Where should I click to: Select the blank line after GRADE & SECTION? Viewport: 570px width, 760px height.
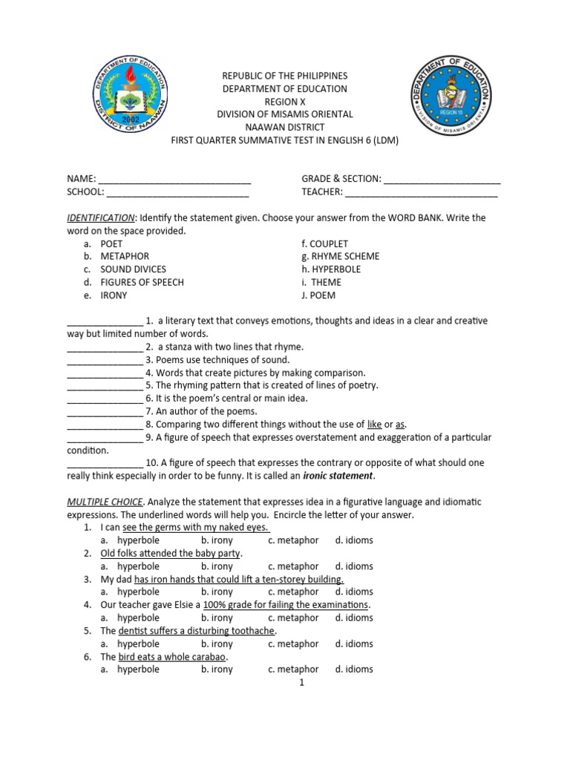click(442, 180)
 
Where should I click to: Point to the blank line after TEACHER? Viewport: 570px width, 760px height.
click(422, 192)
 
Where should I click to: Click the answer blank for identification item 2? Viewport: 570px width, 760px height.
click(105, 347)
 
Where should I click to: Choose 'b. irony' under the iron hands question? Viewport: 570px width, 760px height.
click(217, 592)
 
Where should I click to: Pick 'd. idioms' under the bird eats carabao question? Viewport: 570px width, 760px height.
click(353, 669)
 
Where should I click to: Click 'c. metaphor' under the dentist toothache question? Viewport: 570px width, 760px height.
click(293, 643)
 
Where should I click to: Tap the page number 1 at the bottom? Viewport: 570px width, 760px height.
click(302, 683)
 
